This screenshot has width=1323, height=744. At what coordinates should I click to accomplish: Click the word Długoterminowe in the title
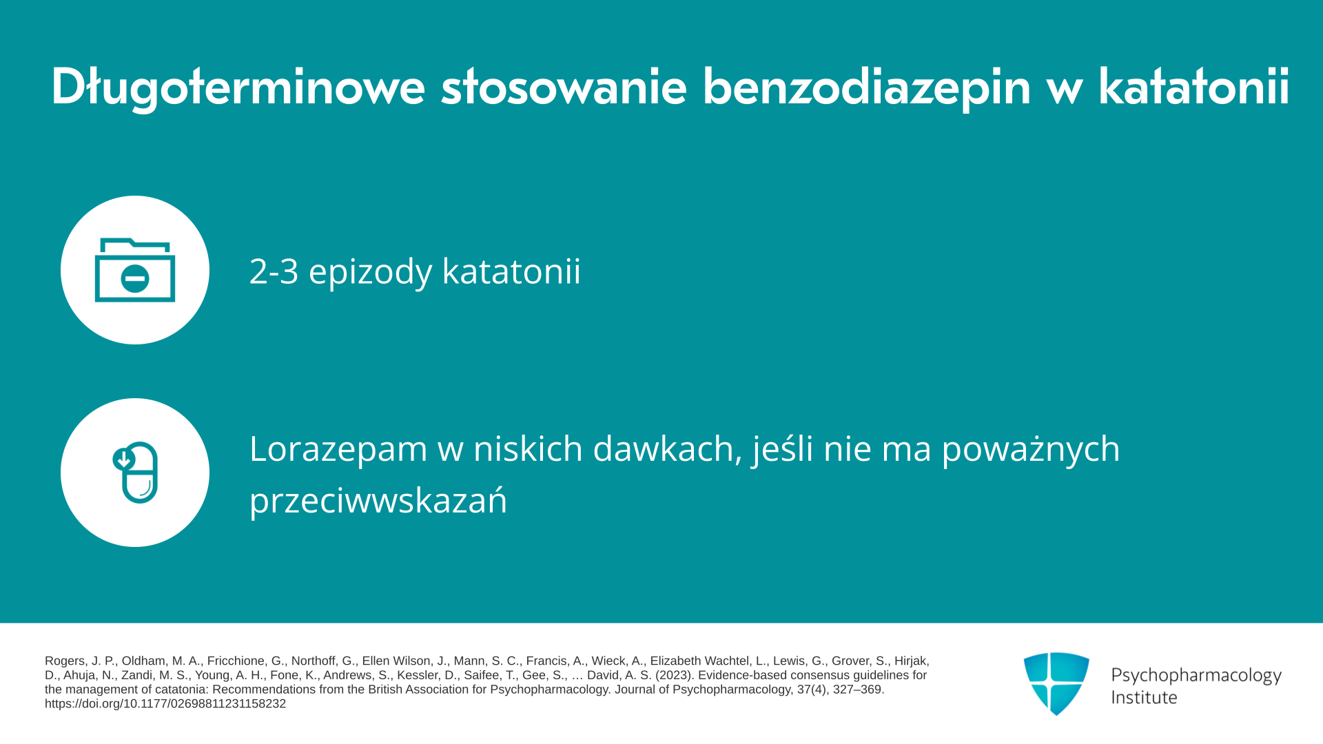point(238,87)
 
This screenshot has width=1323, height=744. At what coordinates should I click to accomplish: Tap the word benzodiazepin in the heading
point(866,87)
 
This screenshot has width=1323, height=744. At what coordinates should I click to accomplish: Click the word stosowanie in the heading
point(564,87)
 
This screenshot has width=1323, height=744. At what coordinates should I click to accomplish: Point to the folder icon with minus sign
point(135,270)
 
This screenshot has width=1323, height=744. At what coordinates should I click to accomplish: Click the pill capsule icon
point(136,473)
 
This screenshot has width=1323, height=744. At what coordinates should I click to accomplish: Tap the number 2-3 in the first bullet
point(274,271)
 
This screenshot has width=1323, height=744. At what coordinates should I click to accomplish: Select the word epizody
point(370,272)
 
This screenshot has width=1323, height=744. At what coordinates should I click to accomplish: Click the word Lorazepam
point(338,450)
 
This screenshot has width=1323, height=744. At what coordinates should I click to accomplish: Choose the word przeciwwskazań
point(378,499)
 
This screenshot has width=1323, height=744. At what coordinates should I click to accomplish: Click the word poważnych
point(1031,450)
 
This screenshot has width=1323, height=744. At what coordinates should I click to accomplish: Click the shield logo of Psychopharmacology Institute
point(1056,683)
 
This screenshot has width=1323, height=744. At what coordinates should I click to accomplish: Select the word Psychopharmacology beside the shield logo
point(1196,675)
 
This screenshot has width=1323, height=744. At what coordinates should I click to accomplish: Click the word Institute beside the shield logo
point(1144,697)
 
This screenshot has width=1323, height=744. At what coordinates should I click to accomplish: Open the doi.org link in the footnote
point(165,704)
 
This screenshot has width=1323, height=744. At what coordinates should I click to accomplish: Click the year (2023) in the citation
point(675,675)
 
